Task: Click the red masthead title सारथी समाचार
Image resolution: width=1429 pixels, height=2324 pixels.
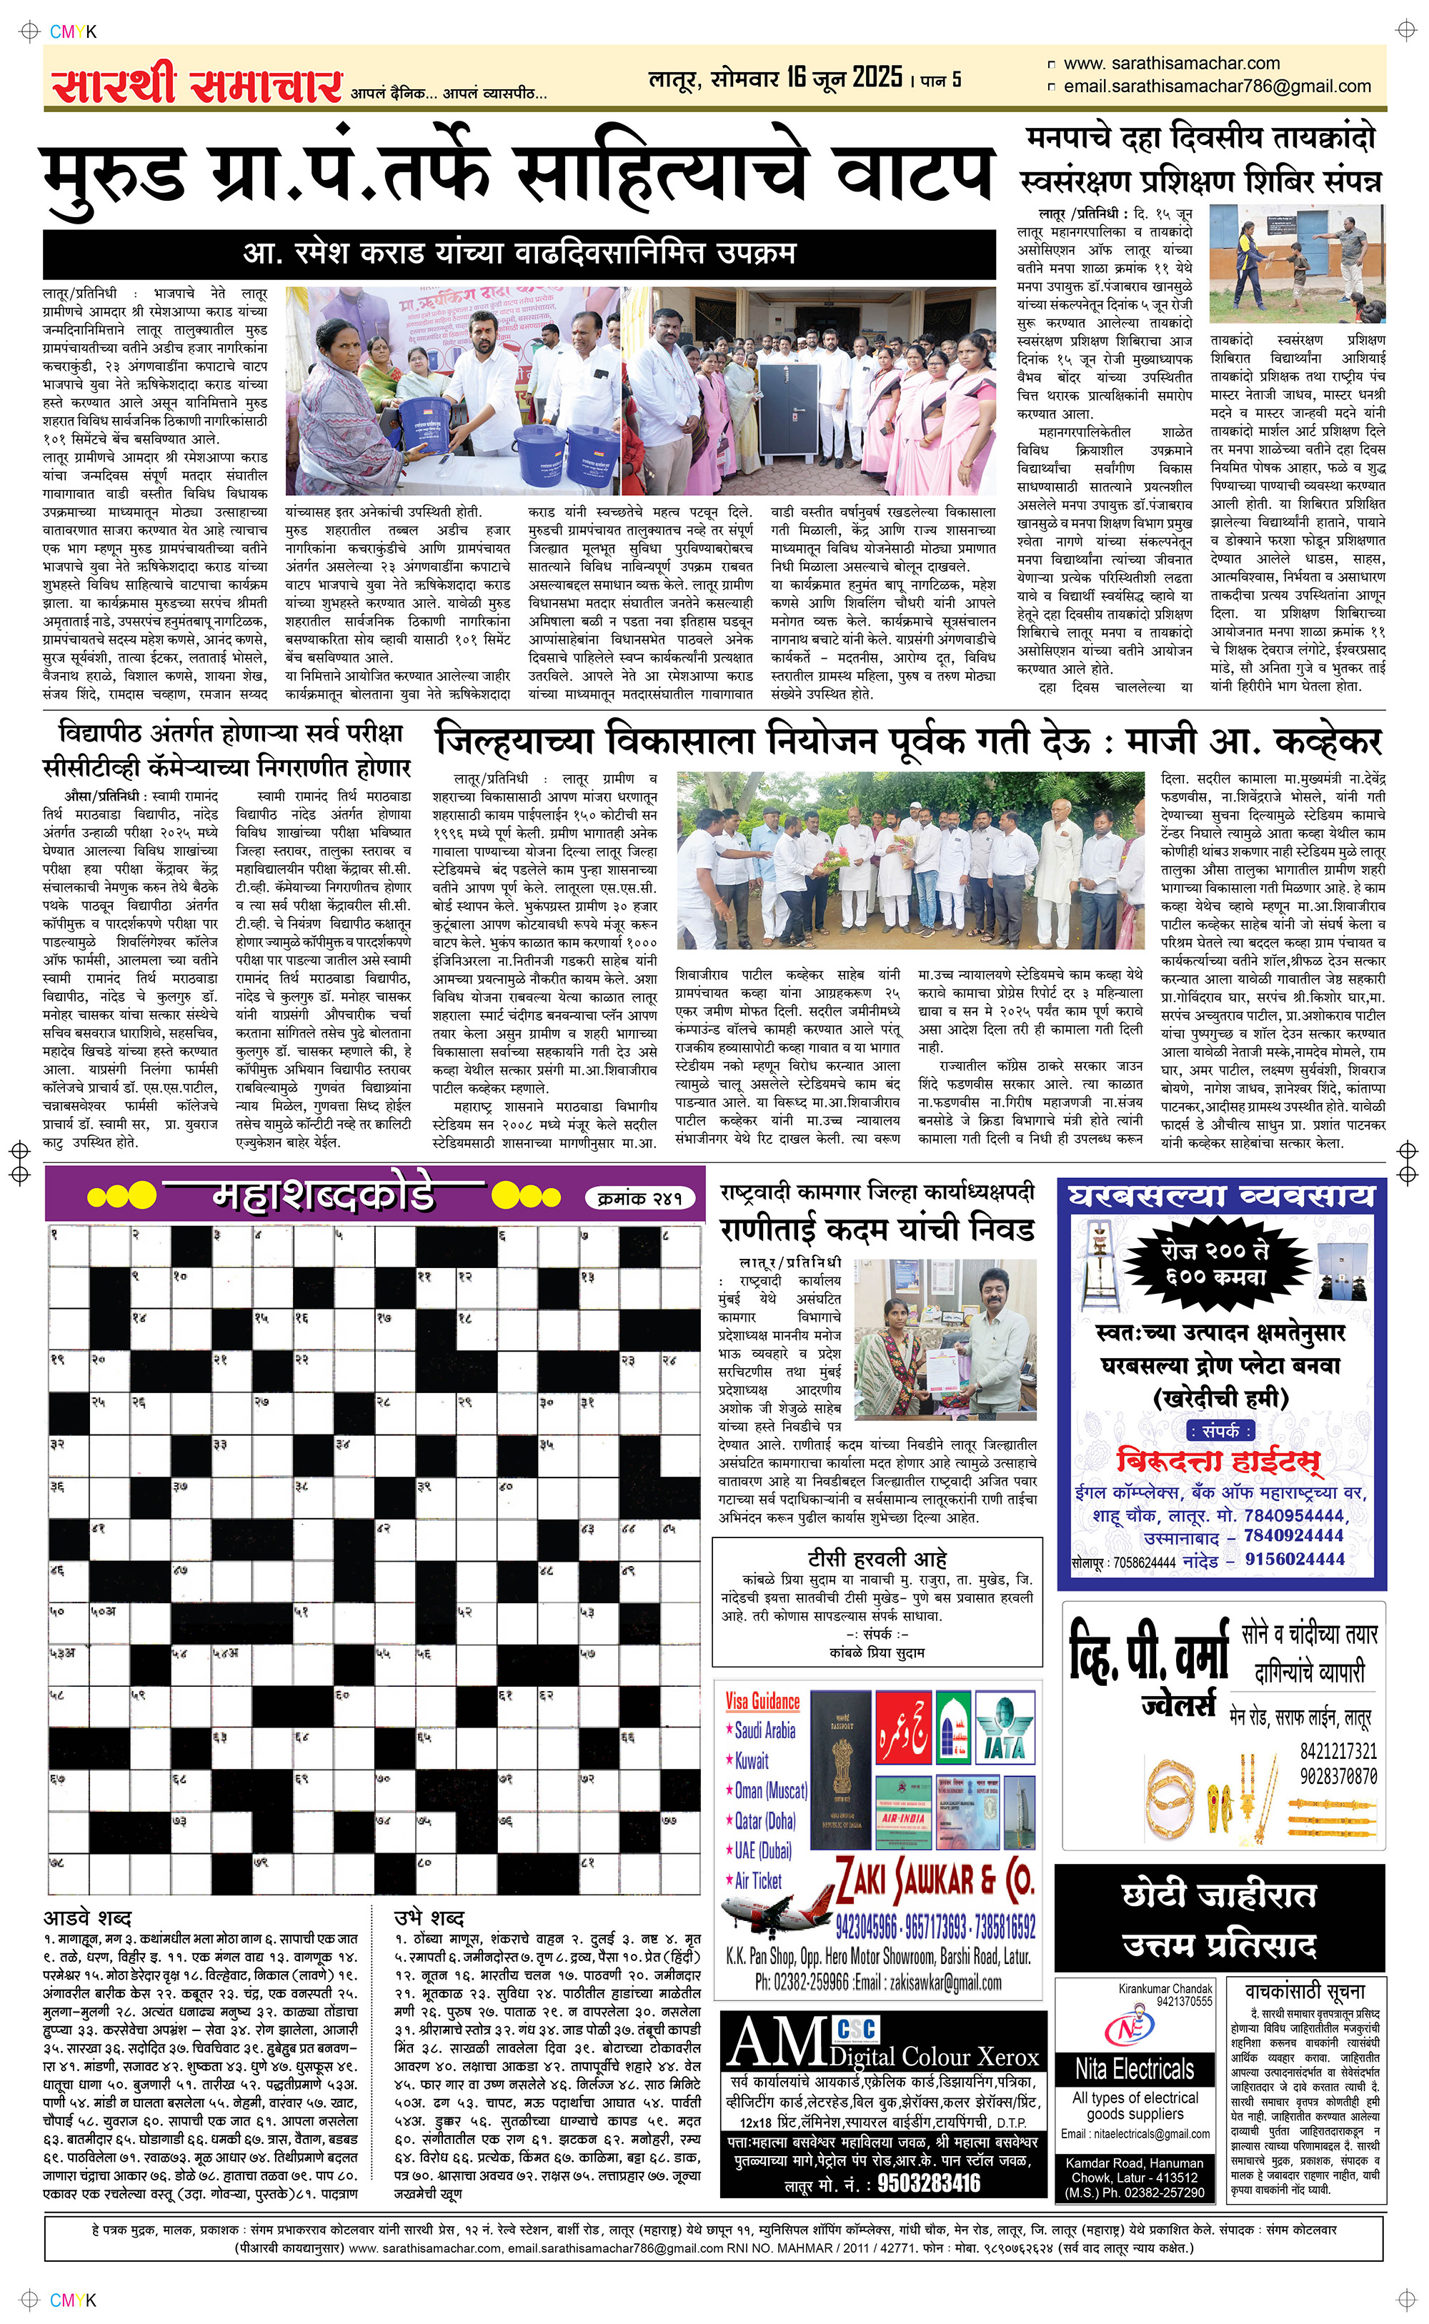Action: pos(196,85)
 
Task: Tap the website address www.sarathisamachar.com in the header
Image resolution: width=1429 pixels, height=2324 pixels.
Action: pos(1171,64)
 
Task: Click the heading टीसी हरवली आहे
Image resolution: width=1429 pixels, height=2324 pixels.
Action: pos(877,1559)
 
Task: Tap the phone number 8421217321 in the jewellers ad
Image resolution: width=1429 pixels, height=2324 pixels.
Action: pos(1338,1750)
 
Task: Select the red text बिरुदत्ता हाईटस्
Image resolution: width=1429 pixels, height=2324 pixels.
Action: pos(1218,1460)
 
